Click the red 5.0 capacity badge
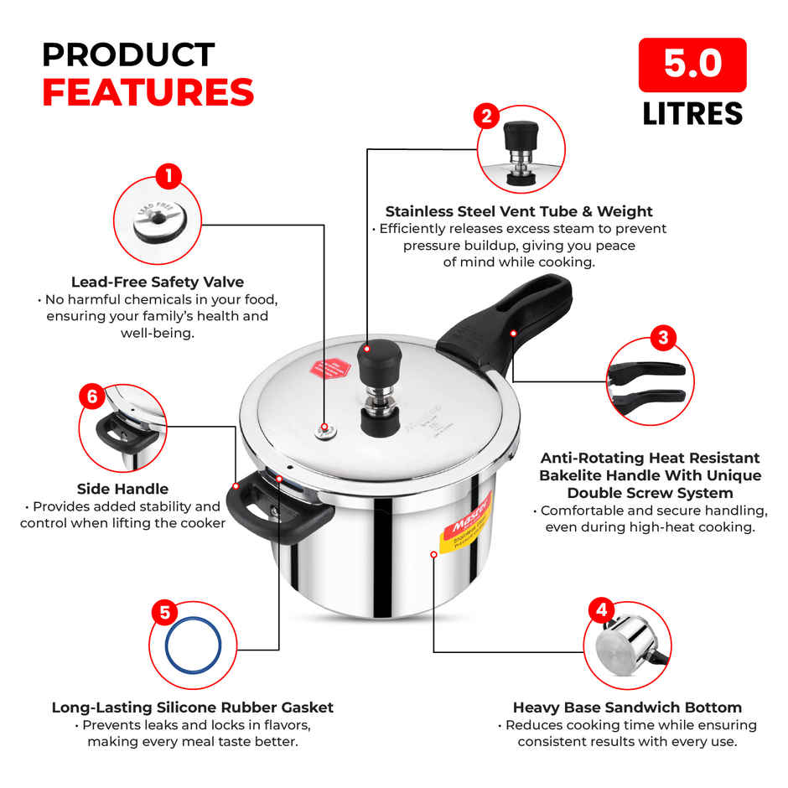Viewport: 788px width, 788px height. (x=692, y=65)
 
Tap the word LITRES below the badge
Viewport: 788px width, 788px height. (x=692, y=113)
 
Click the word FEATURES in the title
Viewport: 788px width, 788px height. (x=148, y=92)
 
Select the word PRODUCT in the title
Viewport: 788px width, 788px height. (x=128, y=54)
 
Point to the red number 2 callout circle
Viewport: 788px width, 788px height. (x=486, y=115)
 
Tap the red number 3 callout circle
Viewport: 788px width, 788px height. (x=663, y=338)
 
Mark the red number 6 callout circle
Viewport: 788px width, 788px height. (x=92, y=396)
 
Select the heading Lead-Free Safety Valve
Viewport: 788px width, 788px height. (x=158, y=283)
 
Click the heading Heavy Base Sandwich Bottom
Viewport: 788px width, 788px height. (x=627, y=708)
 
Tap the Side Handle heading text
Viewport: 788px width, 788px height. (x=122, y=489)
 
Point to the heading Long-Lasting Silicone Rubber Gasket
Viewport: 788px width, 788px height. (x=193, y=708)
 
